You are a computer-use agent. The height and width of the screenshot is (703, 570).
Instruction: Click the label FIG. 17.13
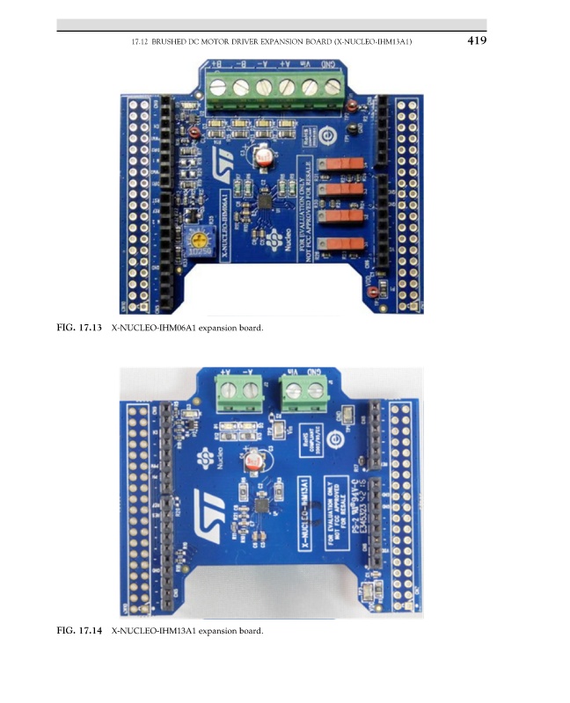tap(79, 329)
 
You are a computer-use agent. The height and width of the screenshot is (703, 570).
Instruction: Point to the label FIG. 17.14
tap(79, 631)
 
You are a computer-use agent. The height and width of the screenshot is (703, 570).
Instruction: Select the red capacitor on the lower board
tap(254, 460)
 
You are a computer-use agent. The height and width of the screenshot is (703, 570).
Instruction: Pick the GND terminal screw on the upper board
tap(332, 86)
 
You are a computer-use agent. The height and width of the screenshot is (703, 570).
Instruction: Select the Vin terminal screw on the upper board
tap(309, 86)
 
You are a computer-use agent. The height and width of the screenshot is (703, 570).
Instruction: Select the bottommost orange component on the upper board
tap(340, 241)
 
